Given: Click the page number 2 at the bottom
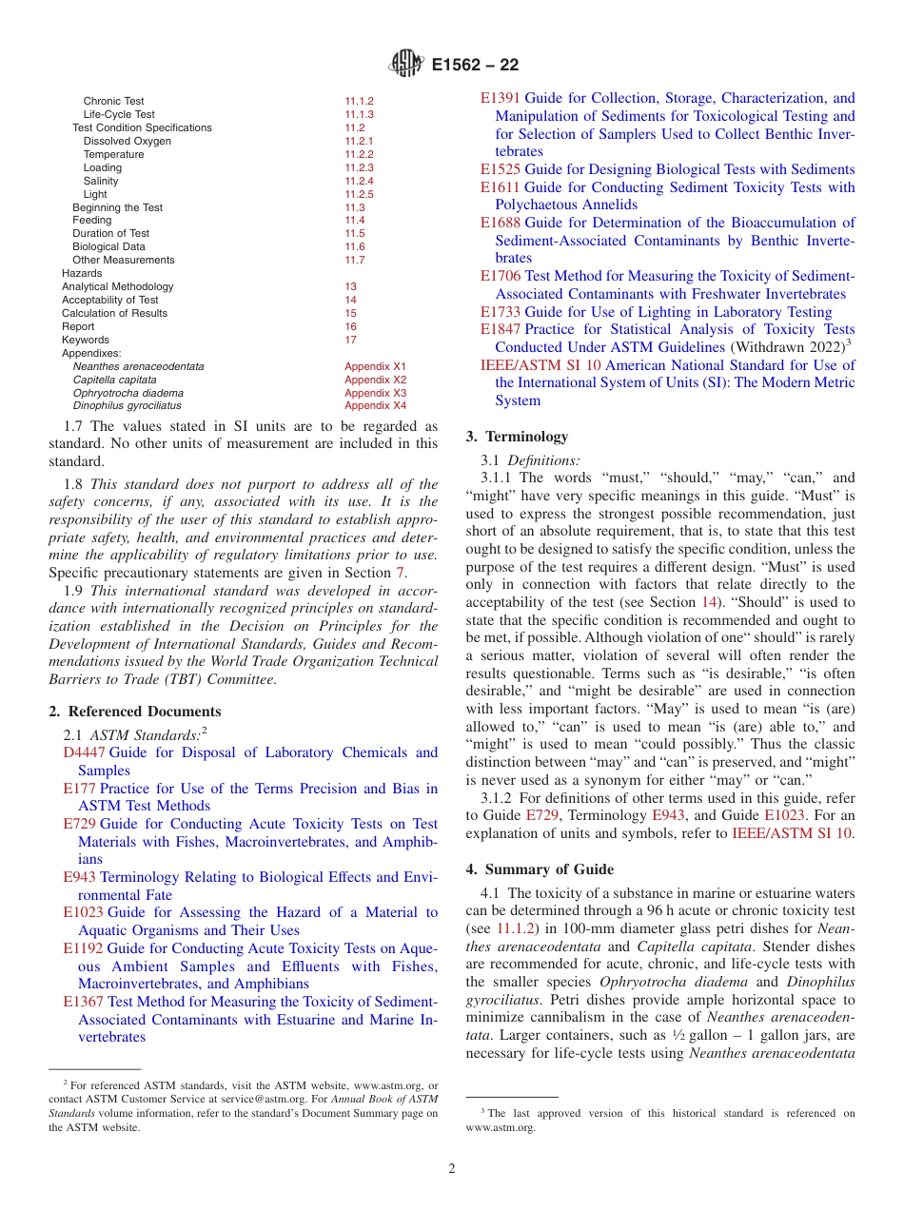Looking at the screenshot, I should (x=452, y=1168).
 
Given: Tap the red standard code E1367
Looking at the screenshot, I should (x=83, y=1002).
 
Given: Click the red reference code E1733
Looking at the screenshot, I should (x=500, y=312).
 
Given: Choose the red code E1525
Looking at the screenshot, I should (x=500, y=169).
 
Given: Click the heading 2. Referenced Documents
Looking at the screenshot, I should (x=134, y=712).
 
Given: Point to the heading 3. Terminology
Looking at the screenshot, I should (x=517, y=437).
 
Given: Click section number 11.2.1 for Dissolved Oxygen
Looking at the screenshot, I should (x=359, y=141).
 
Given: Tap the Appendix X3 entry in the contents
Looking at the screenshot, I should (x=375, y=393).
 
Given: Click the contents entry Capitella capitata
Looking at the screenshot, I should (x=115, y=380).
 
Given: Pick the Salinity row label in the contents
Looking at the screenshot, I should (x=101, y=181).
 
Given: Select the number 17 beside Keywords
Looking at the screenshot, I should (x=350, y=340).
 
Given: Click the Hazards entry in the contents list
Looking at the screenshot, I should (x=82, y=273).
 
